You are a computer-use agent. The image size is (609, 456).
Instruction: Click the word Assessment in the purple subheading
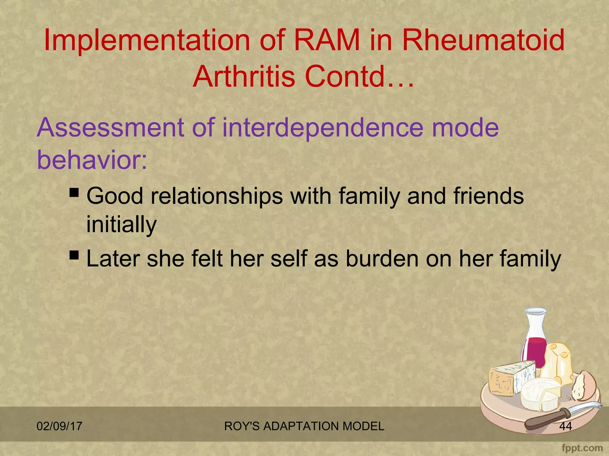pyautogui.click(x=110, y=127)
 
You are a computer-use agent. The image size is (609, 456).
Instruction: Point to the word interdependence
pyautogui.click(x=322, y=127)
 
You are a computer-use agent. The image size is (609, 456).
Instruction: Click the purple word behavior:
pyautogui.click(x=92, y=160)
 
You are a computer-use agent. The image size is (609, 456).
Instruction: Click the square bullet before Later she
pyautogui.click(x=74, y=255)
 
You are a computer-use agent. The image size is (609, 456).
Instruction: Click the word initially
pyautogui.click(x=121, y=224)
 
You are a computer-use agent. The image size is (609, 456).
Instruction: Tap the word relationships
pyautogui.click(x=217, y=196)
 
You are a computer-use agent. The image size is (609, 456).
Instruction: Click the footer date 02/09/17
pyautogui.click(x=59, y=426)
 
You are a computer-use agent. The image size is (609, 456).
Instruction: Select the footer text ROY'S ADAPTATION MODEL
pyautogui.click(x=304, y=426)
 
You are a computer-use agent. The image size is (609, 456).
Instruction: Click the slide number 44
pyautogui.click(x=565, y=426)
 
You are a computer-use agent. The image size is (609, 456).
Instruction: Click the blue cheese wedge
pyautogui.click(x=510, y=379)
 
